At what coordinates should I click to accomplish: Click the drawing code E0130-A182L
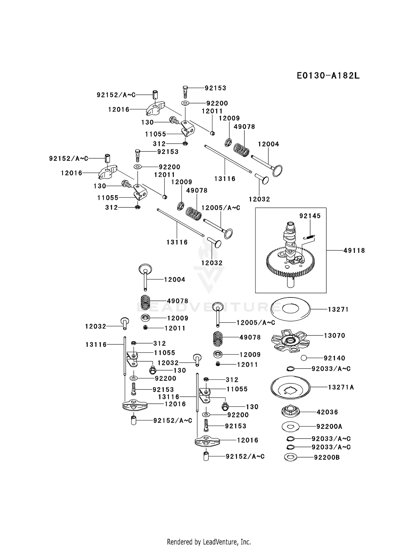[328, 76]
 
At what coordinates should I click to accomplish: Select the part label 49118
[354, 250]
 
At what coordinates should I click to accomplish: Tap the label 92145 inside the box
[310, 216]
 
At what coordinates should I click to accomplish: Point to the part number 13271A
[341, 387]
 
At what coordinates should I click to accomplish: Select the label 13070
[334, 335]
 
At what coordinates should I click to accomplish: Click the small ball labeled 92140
[304, 358]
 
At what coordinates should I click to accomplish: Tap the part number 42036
[327, 412]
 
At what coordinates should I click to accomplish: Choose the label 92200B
[327, 457]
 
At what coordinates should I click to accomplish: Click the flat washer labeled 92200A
[290, 426]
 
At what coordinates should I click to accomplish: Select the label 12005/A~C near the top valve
[220, 208]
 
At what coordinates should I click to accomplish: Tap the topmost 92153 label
[215, 88]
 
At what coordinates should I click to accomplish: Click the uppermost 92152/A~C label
[116, 95]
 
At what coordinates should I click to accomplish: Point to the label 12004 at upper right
[268, 144]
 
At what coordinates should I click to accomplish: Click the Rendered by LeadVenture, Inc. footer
[209, 542]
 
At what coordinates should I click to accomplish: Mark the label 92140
[334, 358]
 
